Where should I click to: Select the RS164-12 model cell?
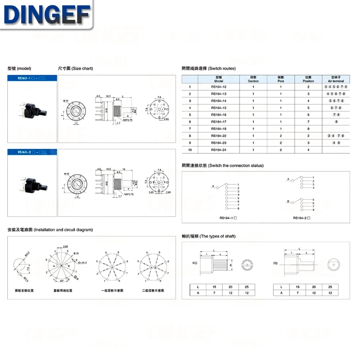tap(219, 87)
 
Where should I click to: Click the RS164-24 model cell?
tap(219, 150)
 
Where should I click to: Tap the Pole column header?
tap(281, 79)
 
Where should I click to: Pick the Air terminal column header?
tap(336, 79)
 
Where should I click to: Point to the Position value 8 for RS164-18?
tap(308, 129)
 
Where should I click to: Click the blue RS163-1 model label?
tap(32, 78)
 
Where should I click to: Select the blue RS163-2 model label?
tap(32, 152)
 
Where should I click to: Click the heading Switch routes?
tap(209, 68)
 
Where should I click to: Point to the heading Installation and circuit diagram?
tap(50, 230)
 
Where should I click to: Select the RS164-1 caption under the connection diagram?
tap(228, 218)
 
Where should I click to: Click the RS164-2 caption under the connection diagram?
tap(302, 218)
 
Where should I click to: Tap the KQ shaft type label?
tap(195, 263)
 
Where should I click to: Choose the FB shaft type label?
tap(275, 264)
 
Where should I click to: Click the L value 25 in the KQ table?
tap(247, 287)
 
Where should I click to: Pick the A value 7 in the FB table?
tap(298, 293)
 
